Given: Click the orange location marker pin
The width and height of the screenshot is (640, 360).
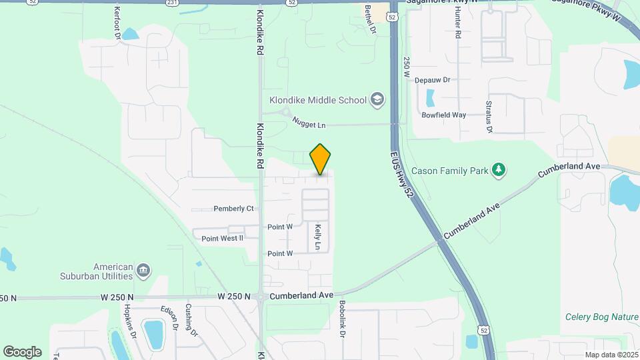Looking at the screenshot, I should [320, 159].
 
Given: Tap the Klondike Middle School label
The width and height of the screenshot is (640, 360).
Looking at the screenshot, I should [317, 100].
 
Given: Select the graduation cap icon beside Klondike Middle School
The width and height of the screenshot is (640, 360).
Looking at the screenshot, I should [378, 100].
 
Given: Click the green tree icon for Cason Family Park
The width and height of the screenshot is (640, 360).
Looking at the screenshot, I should [498, 170].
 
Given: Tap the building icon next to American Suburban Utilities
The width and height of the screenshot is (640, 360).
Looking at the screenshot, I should [143, 271].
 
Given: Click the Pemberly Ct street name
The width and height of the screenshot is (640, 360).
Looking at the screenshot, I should [233, 209].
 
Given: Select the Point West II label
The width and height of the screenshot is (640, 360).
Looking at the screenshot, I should [222, 237].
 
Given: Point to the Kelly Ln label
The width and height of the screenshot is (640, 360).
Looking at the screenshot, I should [318, 237].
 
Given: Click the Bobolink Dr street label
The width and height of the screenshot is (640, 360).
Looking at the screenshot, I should [341, 319].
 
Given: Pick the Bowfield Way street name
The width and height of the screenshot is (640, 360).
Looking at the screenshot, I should [443, 115].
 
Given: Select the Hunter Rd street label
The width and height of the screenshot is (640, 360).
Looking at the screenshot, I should [458, 27].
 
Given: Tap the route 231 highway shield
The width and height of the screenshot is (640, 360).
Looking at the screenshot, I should [173, 3].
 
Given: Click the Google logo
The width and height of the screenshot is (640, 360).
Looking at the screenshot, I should [22, 351].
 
